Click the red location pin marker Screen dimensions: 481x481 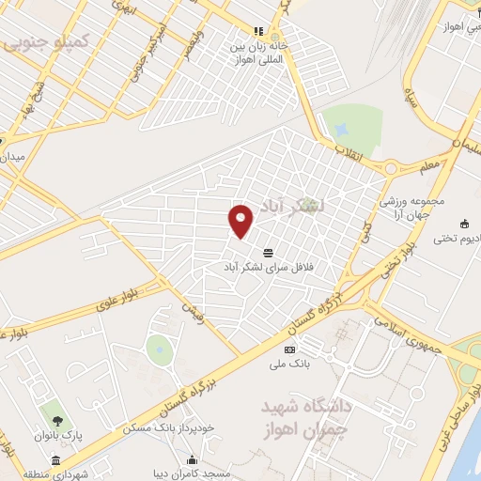[x=242, y=220]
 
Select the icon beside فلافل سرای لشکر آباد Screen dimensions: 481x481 [x=269, y=253]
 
